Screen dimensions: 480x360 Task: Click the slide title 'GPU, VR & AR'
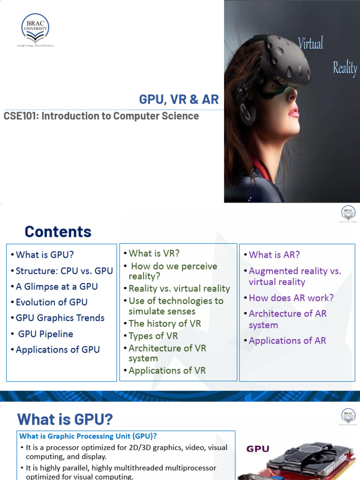pos(179,99)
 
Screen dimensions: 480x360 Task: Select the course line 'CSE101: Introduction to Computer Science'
pos(101,116)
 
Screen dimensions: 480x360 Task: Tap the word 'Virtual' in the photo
pos(311,44)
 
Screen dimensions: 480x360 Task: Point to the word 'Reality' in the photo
pos(345,68)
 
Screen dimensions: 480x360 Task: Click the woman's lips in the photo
pos(294,112)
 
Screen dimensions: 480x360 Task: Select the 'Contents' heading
pos(58,232)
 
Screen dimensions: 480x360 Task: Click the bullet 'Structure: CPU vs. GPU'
pos(64,271)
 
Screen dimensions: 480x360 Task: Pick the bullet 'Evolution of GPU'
pos(52,302)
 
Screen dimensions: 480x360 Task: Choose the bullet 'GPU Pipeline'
pos(45,334)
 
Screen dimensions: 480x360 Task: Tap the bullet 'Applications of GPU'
pos(58,350)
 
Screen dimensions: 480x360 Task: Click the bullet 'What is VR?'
pos(154,254)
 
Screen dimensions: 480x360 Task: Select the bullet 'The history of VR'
pos(165,323)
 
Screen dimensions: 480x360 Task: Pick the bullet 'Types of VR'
pos(153,336)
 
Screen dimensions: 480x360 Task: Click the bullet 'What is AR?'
pos(274,255)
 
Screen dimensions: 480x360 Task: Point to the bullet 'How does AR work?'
pos(291,298)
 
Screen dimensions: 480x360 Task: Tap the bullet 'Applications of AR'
pos(287,341)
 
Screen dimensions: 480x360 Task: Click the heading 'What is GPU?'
pos(65,419)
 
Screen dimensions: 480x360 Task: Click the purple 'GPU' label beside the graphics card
pos(258,449)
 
